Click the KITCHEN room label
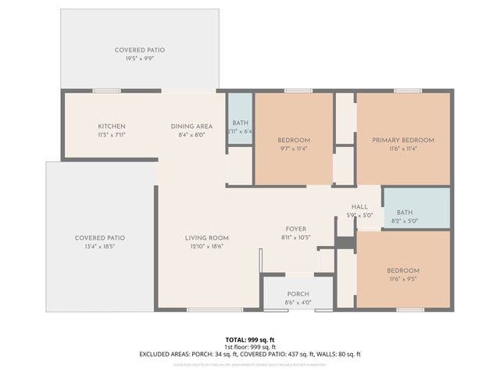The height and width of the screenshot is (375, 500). coord(112,127)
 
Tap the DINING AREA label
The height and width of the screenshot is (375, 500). coord(191,127)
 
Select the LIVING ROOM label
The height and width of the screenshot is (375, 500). coord(206,237)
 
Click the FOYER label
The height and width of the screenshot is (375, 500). coord(295,229)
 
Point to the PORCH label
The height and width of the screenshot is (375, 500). coord(297,295)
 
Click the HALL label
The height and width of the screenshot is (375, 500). coord(359,207)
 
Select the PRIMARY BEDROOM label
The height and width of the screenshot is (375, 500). coord(402,140)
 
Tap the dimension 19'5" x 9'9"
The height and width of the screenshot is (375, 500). coord(140,59)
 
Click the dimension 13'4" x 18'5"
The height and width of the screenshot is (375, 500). coord(99,246)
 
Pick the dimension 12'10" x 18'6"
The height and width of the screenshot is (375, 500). coord(206,246)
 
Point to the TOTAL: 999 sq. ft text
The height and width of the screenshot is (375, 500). coord(250,339)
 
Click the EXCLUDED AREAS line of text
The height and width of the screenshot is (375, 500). coord(250,354)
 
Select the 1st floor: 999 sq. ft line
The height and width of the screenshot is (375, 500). coord(250,346)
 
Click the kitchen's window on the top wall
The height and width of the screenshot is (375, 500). coord(107,91)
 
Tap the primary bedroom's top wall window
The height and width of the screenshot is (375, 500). coord(407,91)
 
